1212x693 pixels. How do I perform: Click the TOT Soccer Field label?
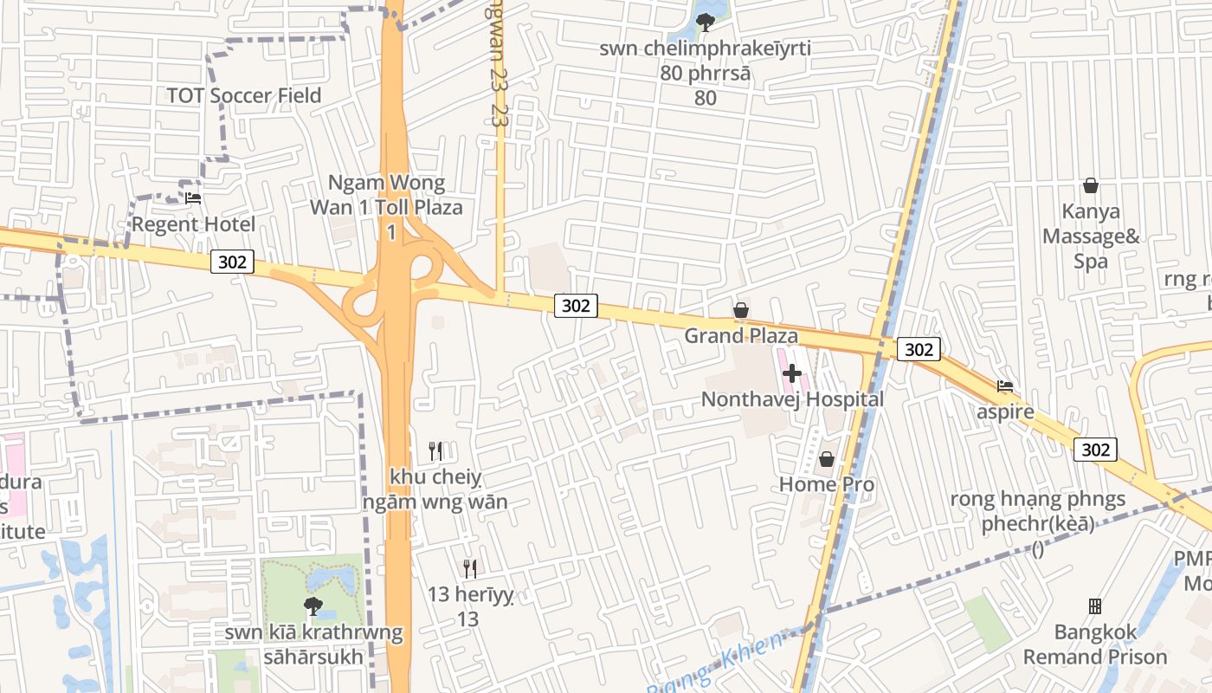(243, 95)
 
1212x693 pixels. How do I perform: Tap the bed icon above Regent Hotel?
(193, 198)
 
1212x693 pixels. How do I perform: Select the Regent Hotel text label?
(193, 225)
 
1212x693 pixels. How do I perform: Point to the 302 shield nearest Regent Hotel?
(232, 262)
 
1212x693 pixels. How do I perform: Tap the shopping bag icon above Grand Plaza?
(741, 310)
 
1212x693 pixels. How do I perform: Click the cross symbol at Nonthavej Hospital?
(791, 374)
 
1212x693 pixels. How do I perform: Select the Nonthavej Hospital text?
(792, 399)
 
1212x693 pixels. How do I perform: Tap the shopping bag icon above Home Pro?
(827, 459)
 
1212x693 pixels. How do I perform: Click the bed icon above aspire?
(1005, 386)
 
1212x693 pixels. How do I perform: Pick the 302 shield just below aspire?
(1095, 450)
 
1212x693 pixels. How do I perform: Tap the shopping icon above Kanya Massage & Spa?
(1091, 185)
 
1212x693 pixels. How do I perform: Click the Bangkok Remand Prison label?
(1095, 644)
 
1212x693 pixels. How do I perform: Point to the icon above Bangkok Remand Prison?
(1095, 606)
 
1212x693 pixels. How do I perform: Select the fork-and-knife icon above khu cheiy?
(435, 451)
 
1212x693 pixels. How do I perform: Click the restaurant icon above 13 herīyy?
(470, 569)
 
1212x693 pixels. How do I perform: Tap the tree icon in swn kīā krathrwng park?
(313, 606)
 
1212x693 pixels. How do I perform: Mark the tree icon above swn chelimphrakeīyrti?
(706, 23)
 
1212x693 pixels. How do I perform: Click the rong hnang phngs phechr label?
(1037, 511)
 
